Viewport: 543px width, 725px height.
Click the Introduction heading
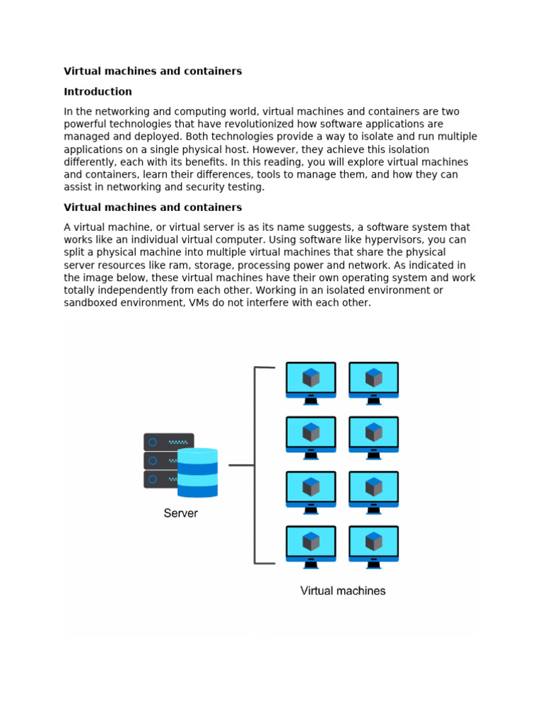point(98,91)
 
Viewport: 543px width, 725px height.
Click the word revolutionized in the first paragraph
point(268,124)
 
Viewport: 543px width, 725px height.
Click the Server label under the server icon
point(181,513)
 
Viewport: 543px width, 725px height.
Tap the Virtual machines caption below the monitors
point(343,590)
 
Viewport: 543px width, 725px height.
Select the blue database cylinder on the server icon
point(197,472)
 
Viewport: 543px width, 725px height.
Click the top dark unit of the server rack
point(168,442)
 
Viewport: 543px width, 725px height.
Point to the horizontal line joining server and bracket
point(241,465)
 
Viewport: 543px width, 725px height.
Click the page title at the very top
point(153,71)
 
